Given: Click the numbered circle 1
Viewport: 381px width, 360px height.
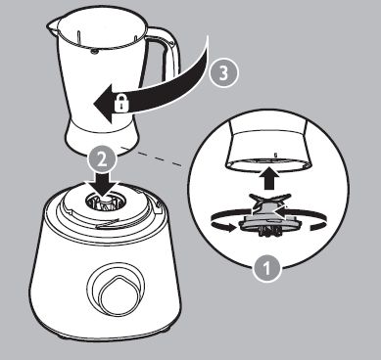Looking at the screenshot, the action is [266, 269].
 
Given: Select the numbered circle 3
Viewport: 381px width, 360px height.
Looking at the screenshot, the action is [223, 73].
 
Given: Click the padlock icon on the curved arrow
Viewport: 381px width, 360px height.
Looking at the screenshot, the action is [121, 105].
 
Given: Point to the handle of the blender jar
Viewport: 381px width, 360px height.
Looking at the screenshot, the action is [165, 56].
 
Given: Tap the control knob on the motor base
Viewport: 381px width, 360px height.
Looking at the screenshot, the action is [117, 292].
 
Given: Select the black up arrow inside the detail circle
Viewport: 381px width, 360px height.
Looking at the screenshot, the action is [268, 178].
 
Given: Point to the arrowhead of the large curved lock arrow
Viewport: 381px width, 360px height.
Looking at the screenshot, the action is [105, 104].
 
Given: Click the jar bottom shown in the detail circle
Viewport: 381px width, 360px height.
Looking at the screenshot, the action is [268, 145].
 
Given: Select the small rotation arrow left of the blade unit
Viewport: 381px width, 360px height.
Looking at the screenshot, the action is [223, 227].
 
